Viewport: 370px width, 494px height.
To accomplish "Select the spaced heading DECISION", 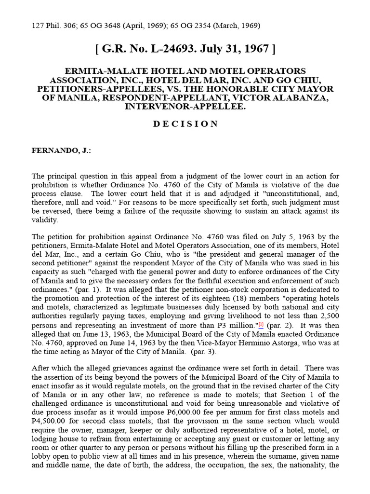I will pyautogui.click(x=185, y=124).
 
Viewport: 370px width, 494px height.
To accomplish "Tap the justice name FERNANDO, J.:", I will pyautogui.click(x=61, y=151).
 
